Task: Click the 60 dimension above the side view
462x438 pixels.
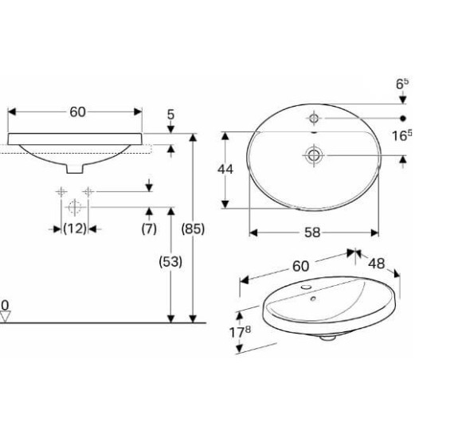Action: [76, 111]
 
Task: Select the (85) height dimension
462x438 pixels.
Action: [194, 229]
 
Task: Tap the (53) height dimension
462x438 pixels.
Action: [170, 261]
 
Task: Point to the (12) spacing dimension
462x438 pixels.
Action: [75, 229]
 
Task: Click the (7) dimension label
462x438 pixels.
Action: [149, 229]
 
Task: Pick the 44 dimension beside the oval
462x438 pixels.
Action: [226, 169]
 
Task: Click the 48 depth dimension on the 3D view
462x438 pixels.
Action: [377, 263]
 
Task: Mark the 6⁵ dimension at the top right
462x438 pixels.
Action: [403, 82]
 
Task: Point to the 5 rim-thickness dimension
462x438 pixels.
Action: [171, 115]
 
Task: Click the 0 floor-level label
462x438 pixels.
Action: [5, 305]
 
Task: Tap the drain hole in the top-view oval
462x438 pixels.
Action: [313, 155]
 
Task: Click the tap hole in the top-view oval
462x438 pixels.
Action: [314, 118]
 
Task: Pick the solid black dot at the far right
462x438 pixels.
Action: [403, 118]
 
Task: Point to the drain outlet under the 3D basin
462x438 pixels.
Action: [327, 338]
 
